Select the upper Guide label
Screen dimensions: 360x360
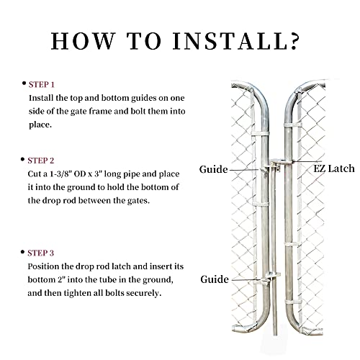click(x=214, y=169)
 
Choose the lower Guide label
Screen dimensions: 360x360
click(x=214, y=279)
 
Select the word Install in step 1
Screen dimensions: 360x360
click(x=42, y=96)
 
